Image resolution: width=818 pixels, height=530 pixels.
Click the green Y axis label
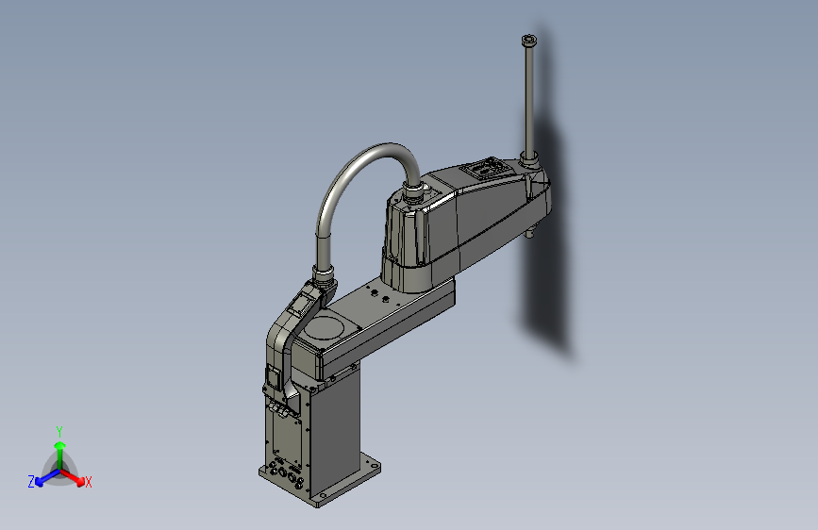[59, 431]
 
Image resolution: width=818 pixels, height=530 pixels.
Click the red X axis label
[88, 482]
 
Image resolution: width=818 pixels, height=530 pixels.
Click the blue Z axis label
[31, 482]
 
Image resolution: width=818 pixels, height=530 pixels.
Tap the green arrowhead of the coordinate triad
[60, 445]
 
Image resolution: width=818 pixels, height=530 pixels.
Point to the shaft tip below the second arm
[529, 234]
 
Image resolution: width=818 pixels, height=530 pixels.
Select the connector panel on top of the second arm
[484, 169]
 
